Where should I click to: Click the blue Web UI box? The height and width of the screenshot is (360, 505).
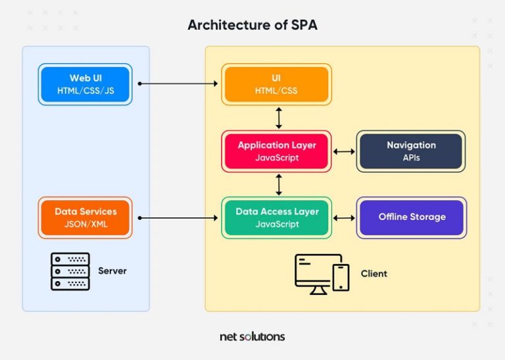coord(85,84)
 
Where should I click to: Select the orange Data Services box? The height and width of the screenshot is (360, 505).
coord(85,217)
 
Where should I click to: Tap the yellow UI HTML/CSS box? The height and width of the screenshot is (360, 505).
coord(276,84)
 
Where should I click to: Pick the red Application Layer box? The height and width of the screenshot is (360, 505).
coord(276,151)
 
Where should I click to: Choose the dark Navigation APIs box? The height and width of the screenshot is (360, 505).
coord(411,151)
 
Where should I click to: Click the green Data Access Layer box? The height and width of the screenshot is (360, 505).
coord(276,217)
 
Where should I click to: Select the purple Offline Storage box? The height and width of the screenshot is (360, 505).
coord(411,217)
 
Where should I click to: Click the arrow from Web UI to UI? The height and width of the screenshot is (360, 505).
coord(178,84)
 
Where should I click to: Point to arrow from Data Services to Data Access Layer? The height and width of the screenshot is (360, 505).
coord(178,217)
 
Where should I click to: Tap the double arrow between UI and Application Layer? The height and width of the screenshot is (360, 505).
coord(279,117)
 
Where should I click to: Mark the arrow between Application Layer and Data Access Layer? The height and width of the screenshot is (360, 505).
coord(279,184)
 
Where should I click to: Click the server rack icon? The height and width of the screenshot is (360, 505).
coord(70,271)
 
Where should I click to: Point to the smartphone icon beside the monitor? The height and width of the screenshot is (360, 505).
coord(341,277)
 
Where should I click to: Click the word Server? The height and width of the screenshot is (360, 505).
coord(112,271)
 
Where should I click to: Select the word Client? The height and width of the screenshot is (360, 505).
coord(374,274)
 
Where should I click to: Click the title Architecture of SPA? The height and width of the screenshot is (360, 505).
coord(252,25)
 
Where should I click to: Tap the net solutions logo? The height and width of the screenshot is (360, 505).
coord(252,336)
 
